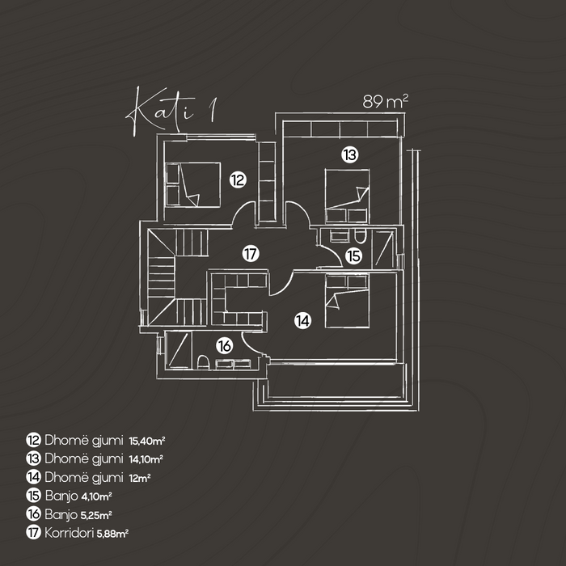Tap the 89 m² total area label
386,102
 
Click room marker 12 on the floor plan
237,180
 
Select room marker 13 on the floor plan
348,153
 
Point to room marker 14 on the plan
302,320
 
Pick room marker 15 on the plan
354,256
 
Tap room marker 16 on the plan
225,345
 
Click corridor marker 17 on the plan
251,254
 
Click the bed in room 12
194,184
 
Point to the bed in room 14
347,300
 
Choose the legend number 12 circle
34,441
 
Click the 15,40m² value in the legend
147,441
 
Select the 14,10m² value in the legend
146,459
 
